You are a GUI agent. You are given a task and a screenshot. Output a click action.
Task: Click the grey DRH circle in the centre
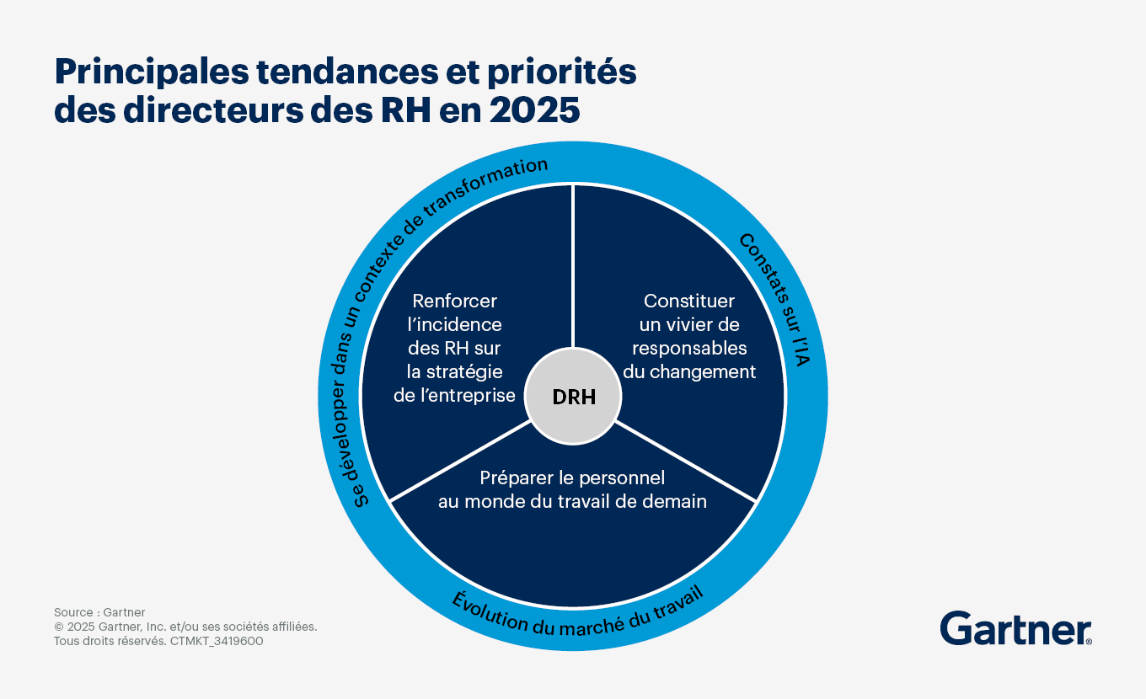574,397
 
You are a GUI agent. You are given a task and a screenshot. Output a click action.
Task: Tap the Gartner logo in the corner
1015,629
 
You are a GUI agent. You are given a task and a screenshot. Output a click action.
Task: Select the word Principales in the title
146,72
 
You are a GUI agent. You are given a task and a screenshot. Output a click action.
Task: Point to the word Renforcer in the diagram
454,301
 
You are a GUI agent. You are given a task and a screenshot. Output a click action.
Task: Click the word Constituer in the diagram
689,301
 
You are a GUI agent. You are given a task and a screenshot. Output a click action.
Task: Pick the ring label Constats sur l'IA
778,294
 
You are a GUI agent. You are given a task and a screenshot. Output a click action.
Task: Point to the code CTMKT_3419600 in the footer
217,641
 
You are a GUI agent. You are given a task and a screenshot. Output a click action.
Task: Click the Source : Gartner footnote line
99,612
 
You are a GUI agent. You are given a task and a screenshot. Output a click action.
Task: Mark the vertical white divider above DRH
573,269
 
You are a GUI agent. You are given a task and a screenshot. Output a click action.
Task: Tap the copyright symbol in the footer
59,627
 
